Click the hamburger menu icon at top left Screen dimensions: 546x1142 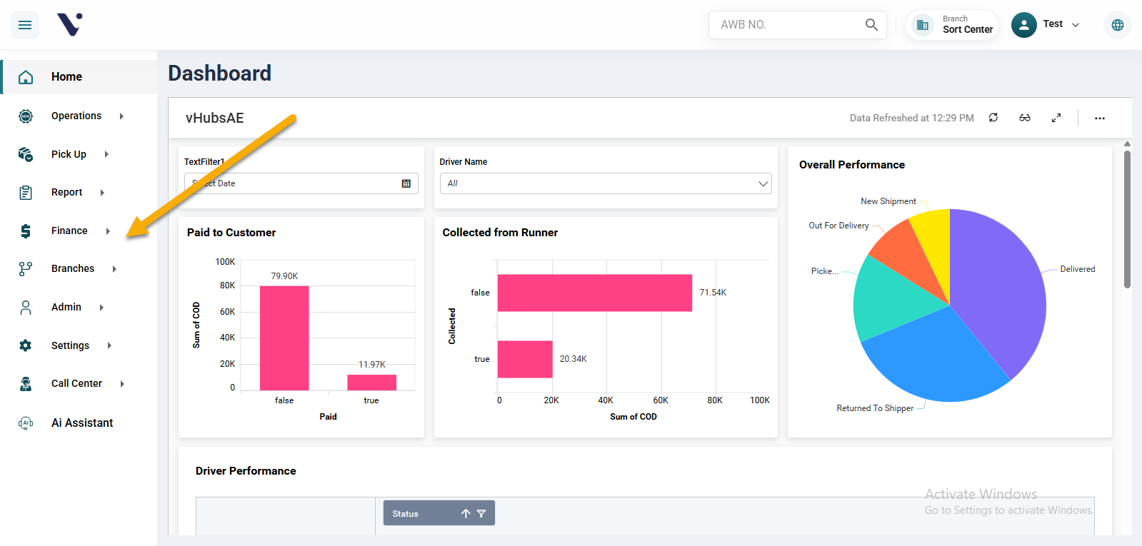tap(25, 25)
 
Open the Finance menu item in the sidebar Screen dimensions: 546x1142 tap(69, 231)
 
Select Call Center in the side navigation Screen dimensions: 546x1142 tap(76, 383)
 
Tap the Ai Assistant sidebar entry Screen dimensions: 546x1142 tap(81, 423)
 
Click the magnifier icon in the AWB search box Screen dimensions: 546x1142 tap(871, 25)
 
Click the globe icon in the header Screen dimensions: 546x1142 tap(1117, 25)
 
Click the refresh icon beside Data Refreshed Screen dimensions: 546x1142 tap(993, 118)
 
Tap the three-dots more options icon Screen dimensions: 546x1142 tap(1099, 118)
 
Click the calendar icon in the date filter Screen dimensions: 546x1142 tap(406, 183)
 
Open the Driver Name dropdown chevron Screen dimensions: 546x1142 tap(763, 183)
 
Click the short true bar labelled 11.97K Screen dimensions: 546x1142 tap(371, 382)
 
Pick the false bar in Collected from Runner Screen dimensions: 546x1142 tap(594, 293)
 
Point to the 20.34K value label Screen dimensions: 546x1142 tap(573, 359)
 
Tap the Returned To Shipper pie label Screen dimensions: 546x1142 tap(875, 408)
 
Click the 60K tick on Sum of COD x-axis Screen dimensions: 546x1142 tap(661, 400)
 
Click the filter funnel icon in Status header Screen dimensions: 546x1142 tap(481, 513)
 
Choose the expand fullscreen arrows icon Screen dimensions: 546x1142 tap(1056, 118)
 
